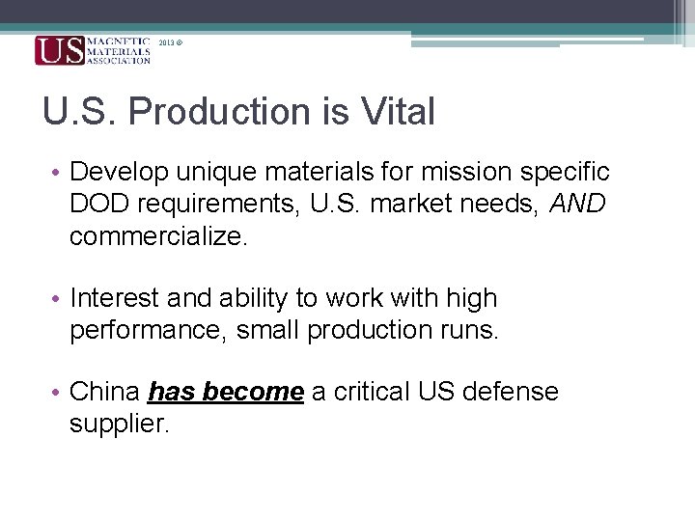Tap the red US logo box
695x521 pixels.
pos(59,50)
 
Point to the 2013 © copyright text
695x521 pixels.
pos(170,43)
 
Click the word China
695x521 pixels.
pos(106,392)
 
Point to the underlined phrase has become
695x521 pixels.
pos(227,392)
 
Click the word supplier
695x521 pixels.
pos(119,424)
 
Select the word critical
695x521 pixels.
pos(368,392)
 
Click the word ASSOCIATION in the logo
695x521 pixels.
pos(119,60)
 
